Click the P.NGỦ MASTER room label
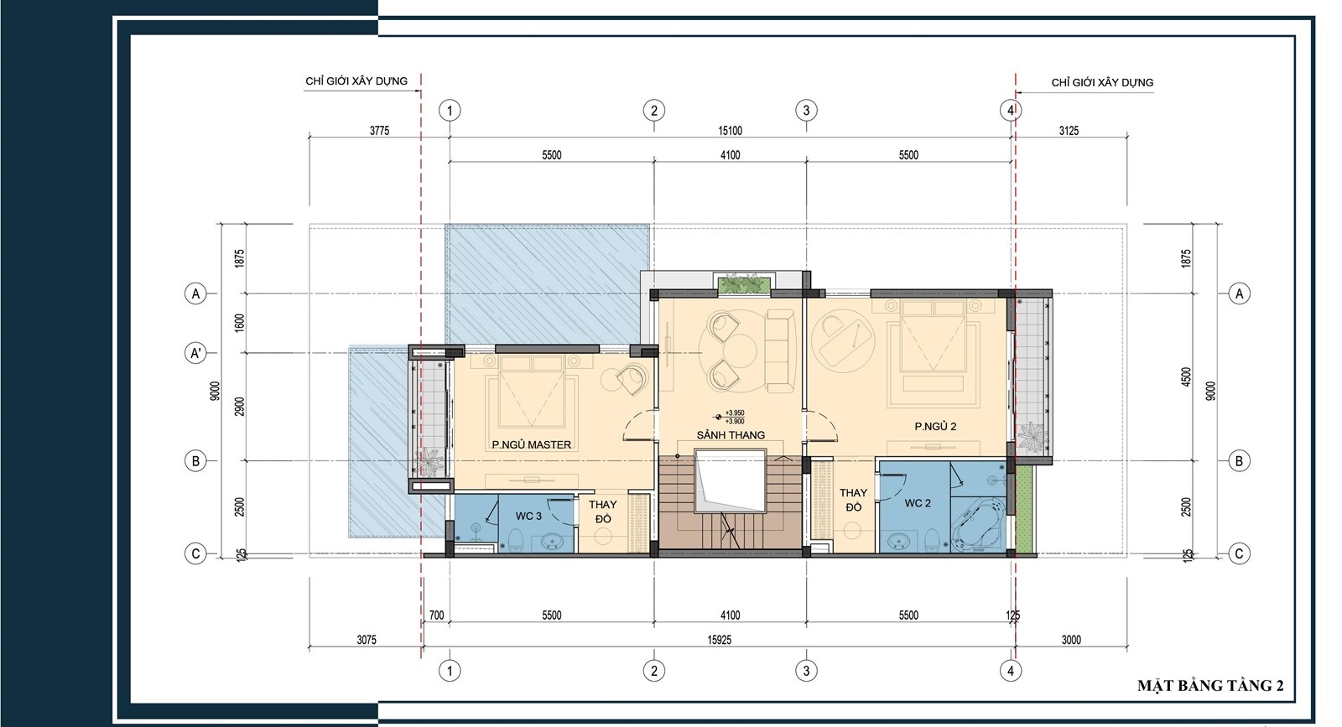(532, 444)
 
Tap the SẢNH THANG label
(731, 434)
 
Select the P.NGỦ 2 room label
(935, 426)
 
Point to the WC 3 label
(528, 516)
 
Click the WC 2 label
(918, 503)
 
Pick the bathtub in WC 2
(978, 527)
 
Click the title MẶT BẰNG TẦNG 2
(1210, 686)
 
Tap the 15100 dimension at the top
(730, 131)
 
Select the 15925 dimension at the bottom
(719, 640)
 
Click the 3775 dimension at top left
(379, 131)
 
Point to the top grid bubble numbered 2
(653, 110)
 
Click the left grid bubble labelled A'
(195, 353)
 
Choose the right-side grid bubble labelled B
(1239, 461)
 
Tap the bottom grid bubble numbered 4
(1010, 671)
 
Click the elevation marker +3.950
(735, 413)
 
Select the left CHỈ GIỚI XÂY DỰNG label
(356, 80)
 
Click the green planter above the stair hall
(744, 284)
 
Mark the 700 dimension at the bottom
(436, 615)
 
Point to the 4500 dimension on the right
(1186, 377)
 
